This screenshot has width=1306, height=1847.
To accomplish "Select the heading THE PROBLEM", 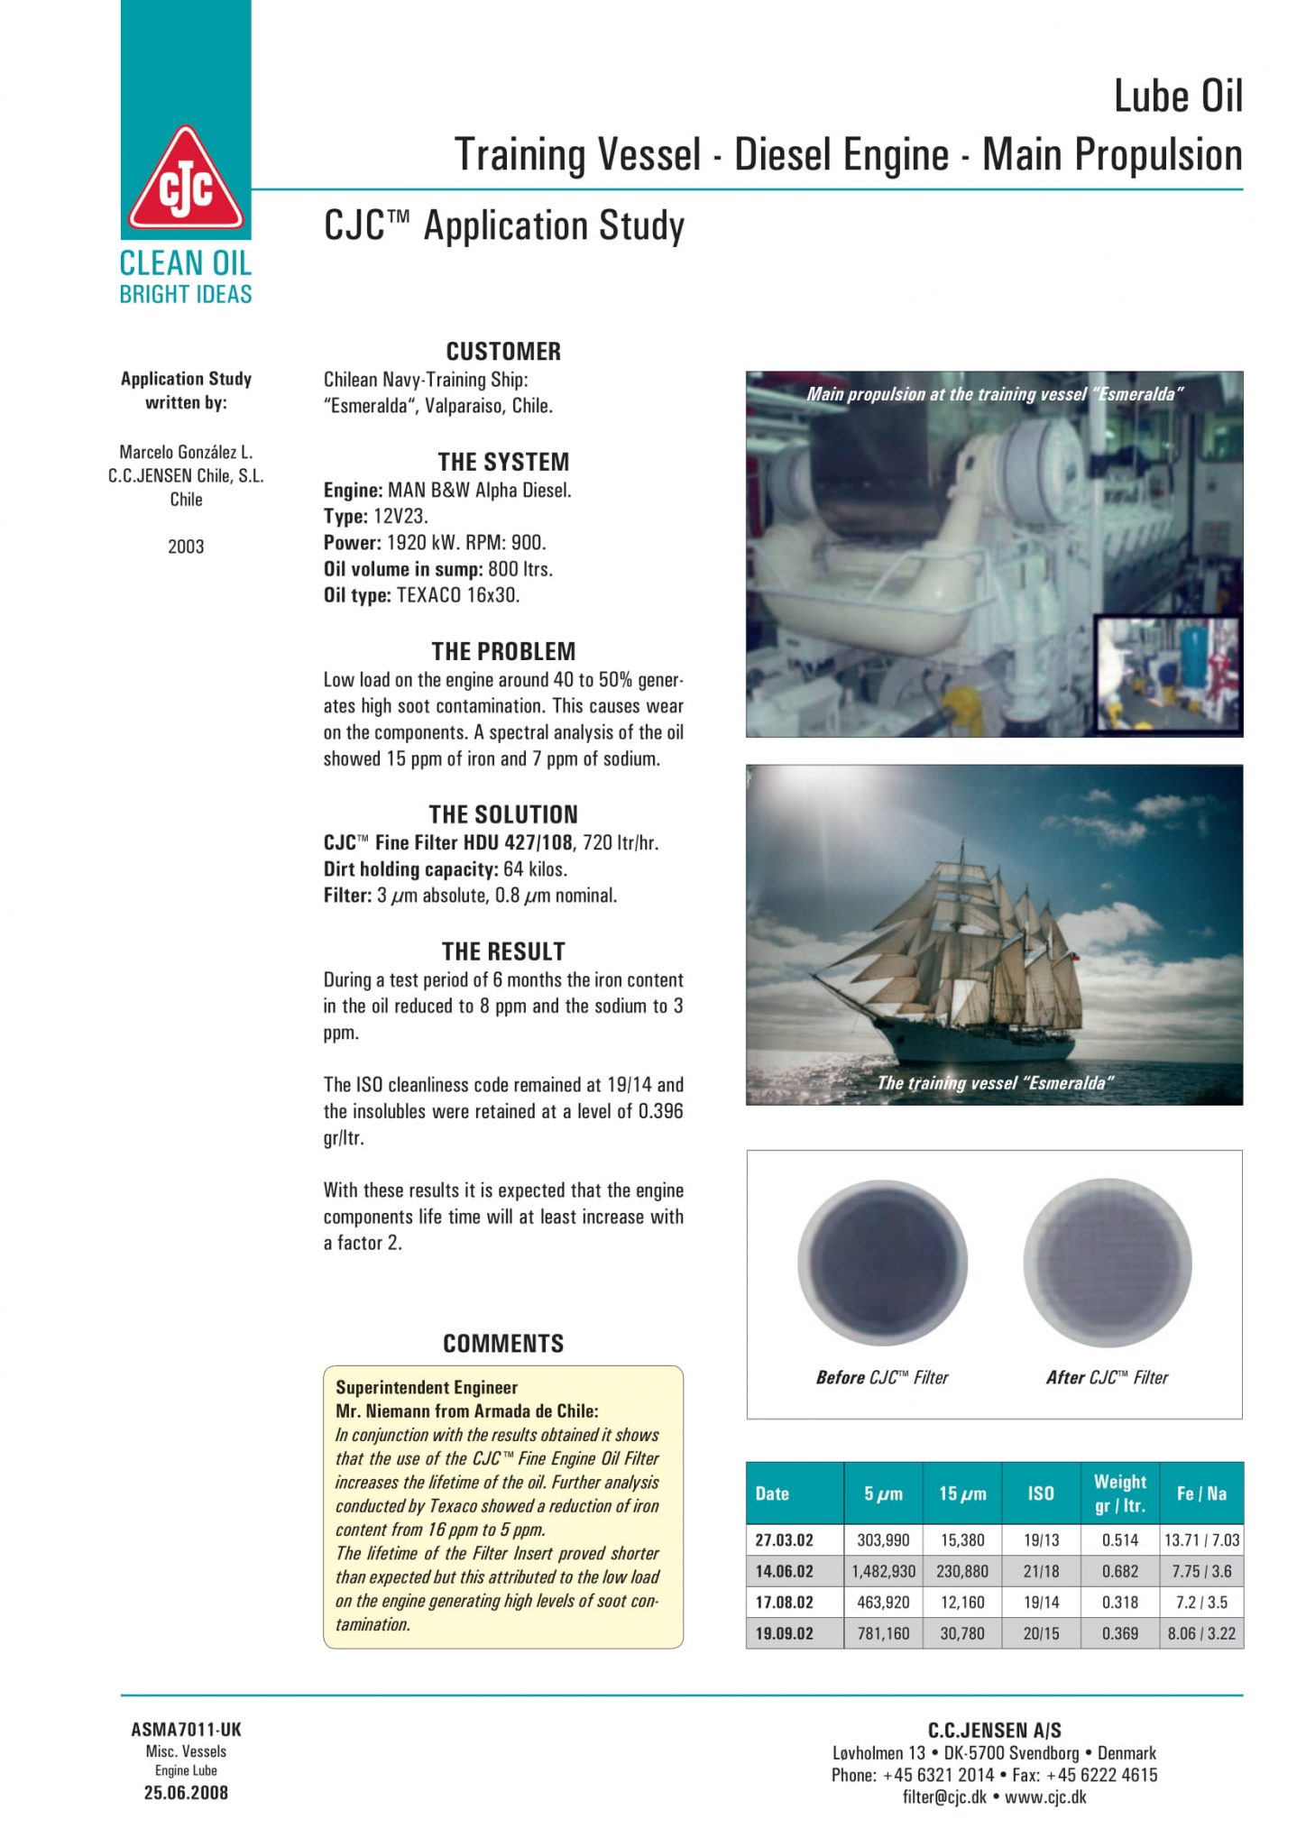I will tap(503, 651).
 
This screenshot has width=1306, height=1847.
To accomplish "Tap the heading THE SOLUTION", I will tap(503, 814).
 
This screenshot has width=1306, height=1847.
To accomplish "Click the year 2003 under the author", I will tap(186, 547).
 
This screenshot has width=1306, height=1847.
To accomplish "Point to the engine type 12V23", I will tap(400, 517).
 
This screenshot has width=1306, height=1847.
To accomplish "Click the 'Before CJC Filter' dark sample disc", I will tap(882, 1263).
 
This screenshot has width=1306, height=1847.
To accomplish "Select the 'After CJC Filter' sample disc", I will tap(1108, 1263).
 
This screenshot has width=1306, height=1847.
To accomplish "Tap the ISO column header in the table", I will tap(1041, 1493).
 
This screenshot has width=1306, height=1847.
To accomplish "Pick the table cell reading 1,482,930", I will tap(883, 1571).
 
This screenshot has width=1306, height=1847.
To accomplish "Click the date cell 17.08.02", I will tap(784, 1603).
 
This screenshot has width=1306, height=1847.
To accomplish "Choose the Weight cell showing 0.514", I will tap(1119, 1540).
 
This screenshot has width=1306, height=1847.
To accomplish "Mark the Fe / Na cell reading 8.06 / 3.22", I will tap(1201, 1633).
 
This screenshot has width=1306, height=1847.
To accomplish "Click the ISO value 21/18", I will tap(1041, 1571).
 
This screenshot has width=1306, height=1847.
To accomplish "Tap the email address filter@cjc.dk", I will tap(944, 1796).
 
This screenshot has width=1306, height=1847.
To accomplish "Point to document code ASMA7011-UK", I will tap(186, 1730).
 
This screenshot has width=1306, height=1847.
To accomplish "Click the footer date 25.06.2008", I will tap(186, 1793).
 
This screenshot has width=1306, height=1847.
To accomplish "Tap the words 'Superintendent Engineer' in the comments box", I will tap(427, 1387).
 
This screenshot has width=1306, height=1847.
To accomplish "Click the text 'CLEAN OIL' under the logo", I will tap(186, 263).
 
